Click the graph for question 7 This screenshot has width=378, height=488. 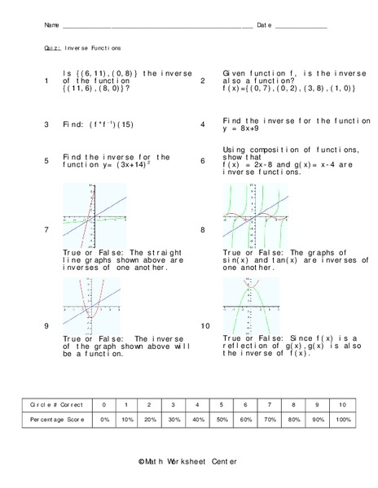(x=94, y=215)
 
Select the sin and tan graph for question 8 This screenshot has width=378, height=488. (x=255, y=215)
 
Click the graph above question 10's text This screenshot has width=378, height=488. (x=255, y=304)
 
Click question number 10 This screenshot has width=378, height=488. (x=204, y=326)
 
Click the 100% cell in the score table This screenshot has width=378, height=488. (x=343, y=420)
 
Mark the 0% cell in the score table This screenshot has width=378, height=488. (x=103, y=420)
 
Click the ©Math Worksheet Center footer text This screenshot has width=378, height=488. (x=188, y=461)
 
